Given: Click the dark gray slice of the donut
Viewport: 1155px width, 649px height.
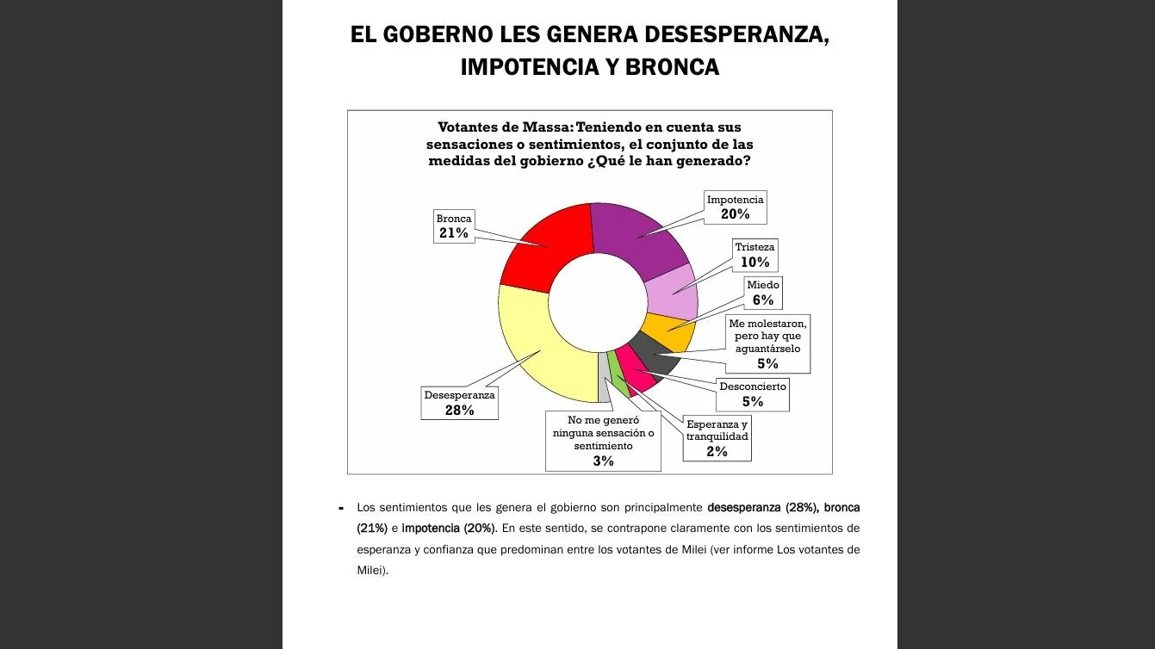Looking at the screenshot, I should pyautogui.click(x=653, y=352).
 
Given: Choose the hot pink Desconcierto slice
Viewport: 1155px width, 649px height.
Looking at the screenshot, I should pyautogui.click(x=636, y=372).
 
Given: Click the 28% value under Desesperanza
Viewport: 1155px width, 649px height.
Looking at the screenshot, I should pyautogui.click(x=459, y=411).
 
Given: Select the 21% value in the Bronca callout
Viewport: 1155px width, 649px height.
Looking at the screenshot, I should pyautogui.click(x=453, y=233).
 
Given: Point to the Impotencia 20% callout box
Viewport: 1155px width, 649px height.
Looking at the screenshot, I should pyautogui.click(x=735, y=207).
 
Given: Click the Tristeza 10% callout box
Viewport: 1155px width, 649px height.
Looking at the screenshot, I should pyautogui.click(x=754, y=255).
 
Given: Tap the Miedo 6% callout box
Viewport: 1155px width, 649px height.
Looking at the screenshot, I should pyautogui.click(x=762, y=293).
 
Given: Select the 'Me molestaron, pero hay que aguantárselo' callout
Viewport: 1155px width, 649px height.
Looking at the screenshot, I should pyautogui.click(x=767, y=343).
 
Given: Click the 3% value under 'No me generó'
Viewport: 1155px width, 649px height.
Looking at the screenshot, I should pyautogui.click(x=603, y=461).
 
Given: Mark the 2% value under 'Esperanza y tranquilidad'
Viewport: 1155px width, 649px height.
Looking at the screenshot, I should pyautogui.click(x=717, y=451).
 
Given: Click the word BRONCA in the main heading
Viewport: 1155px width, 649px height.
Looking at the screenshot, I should pyautogui.click(x=672, y=66).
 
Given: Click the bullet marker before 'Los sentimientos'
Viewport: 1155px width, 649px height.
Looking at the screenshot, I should pyautogui.click(x=342, y=508).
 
